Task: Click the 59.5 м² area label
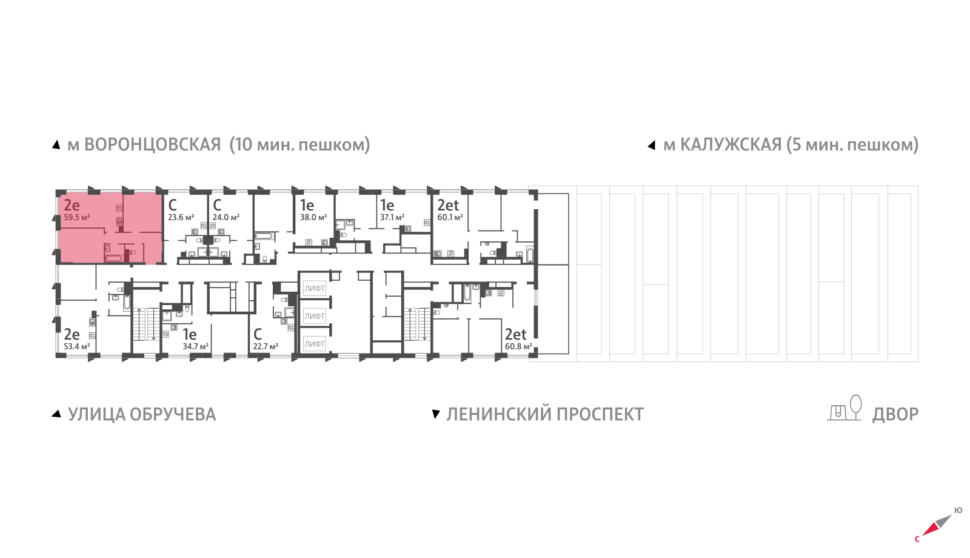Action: [77, 217]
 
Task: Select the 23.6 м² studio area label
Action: [181, 217]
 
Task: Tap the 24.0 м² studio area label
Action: [226, 217]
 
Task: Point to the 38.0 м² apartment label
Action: [313, 217]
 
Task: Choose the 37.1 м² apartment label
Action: [392, 217]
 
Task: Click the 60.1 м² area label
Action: [450, 217]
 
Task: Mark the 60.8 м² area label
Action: [518, 346]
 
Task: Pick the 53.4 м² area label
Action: [77, 346]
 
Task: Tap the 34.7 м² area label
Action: [195, 346]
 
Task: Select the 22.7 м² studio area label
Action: [266, 346]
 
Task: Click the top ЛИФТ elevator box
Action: [315, 289]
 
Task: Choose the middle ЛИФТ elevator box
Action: [315, 316]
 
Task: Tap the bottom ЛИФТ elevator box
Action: [315, 344]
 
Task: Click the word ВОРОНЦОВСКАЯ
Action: [152, 145]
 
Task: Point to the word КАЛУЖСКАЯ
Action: [731, 145]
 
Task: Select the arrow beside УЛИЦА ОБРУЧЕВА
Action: [56, 414]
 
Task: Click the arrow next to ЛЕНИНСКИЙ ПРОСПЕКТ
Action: [435, 414]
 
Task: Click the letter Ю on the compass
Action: [958, 510]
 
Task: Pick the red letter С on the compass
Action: [917, 539]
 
